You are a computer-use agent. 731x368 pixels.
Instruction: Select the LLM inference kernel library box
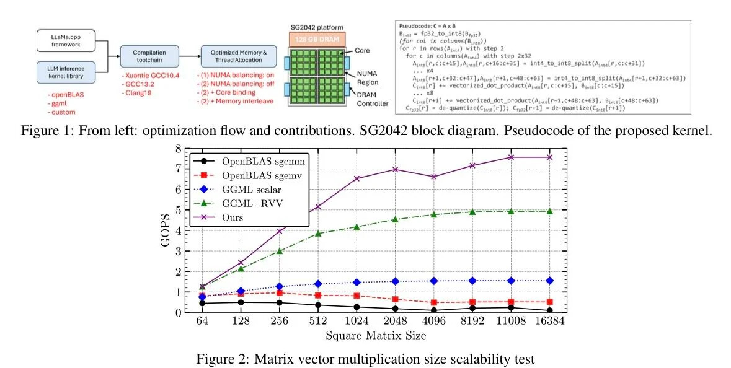tap(61, 71)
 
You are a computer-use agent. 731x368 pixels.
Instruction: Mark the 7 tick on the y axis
tap(178, 169)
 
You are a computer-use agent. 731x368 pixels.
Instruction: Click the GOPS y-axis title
tap(166, 230)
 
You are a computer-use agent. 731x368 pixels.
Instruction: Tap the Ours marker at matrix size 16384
tap(549, 157)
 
